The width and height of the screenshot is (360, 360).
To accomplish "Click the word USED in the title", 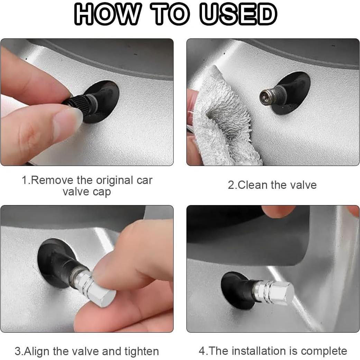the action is click(x=238, y=14).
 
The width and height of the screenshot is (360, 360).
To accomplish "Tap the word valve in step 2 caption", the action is click(x=303, y=185).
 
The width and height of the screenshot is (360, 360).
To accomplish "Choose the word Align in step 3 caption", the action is click(x=36, y=352).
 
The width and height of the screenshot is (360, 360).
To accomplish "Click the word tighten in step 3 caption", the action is click(x=142, y=352).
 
